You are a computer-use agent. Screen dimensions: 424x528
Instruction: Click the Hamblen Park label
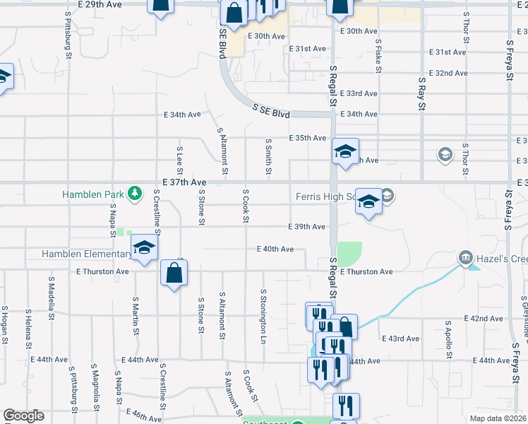92,194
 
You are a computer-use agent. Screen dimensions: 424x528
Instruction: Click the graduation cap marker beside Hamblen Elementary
144,248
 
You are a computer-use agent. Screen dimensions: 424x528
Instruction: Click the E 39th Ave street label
306,227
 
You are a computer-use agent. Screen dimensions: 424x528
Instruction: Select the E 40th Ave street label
275,249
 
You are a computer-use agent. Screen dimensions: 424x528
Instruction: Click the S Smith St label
268,156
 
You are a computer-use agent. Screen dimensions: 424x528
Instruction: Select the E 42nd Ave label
484,319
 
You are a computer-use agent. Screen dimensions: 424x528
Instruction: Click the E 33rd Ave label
359,93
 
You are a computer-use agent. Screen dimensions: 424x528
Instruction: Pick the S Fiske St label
379,57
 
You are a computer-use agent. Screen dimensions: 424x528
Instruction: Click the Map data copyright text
498,418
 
